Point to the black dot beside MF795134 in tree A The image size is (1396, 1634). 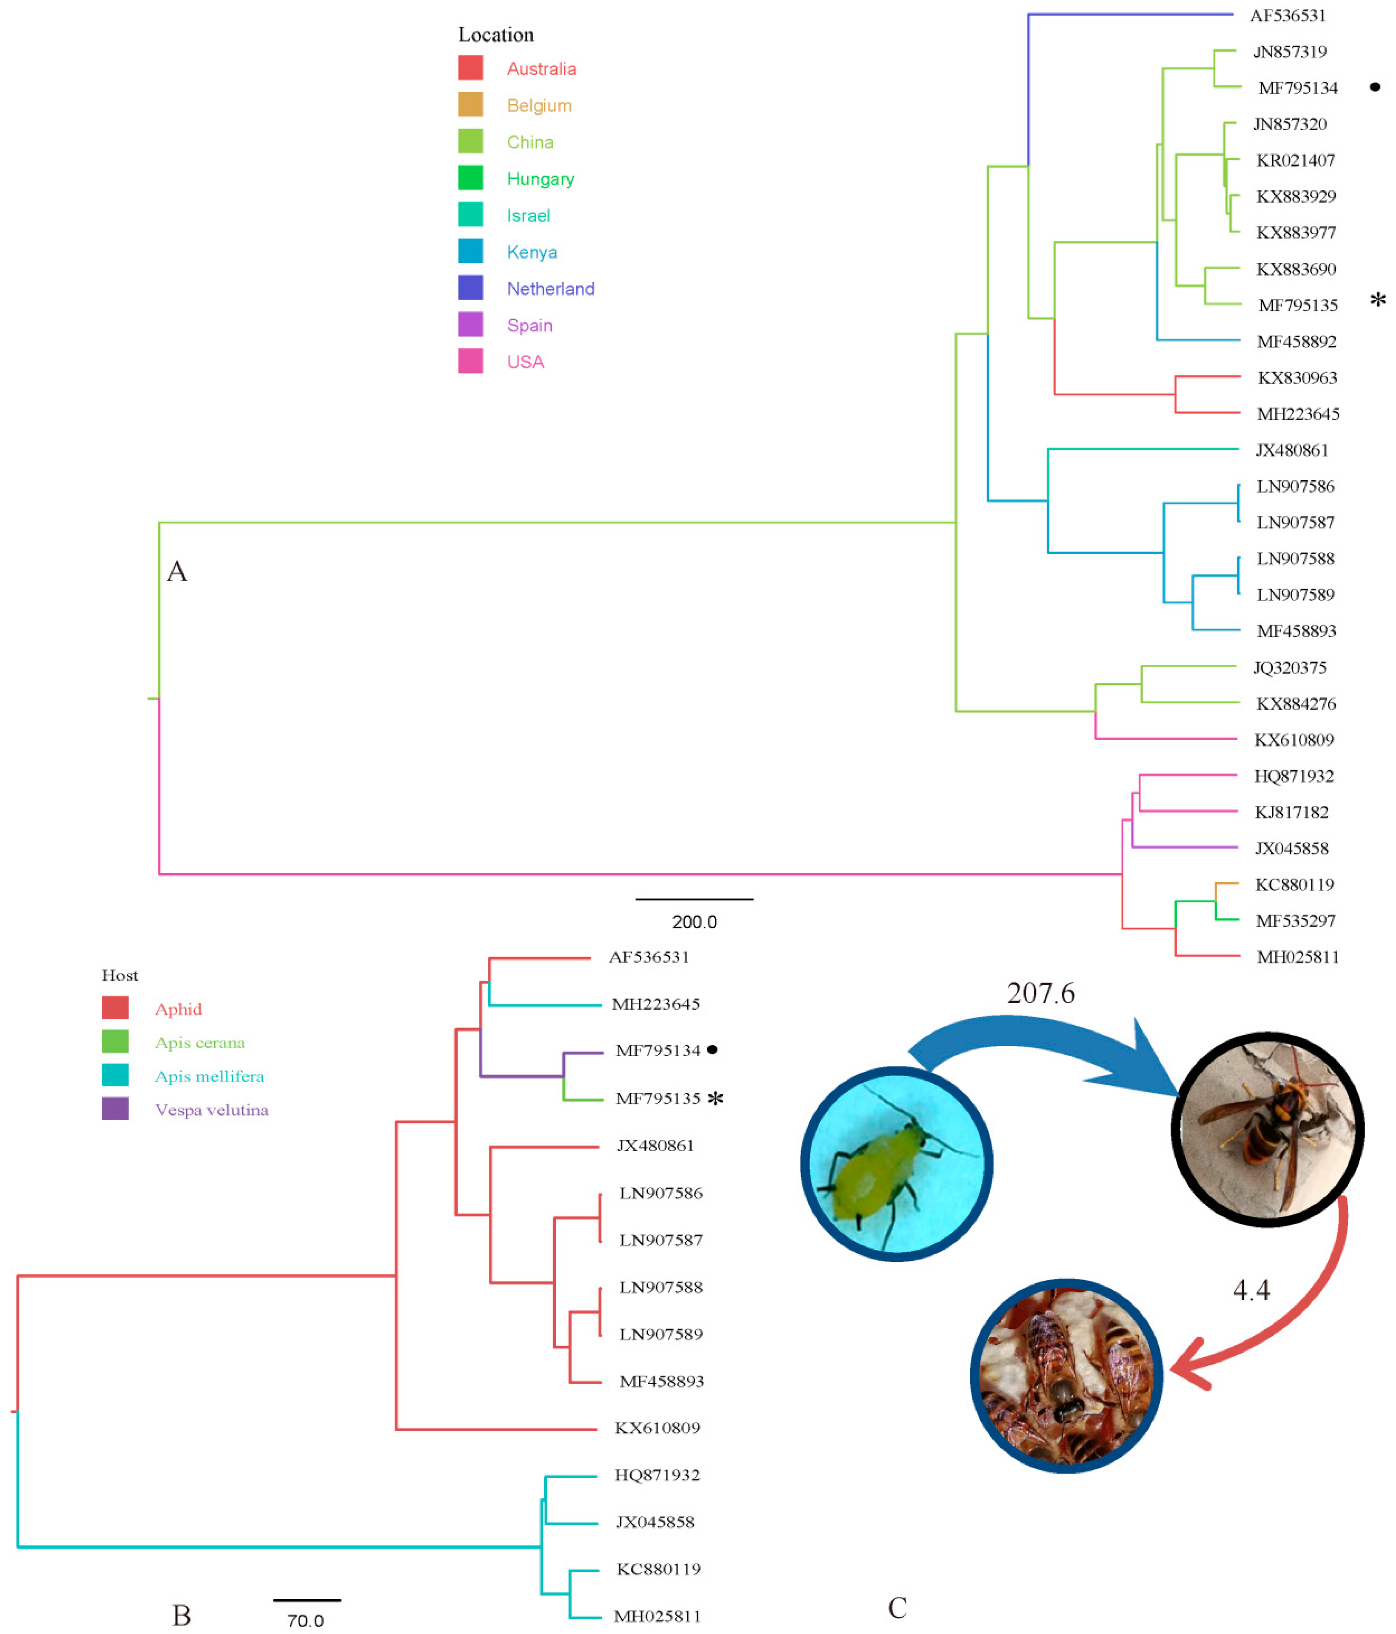pos(1375,87)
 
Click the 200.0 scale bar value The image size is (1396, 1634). pos(694,922)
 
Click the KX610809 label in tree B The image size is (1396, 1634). pos(657,1427)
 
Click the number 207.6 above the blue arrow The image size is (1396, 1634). pos(1040,993)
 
